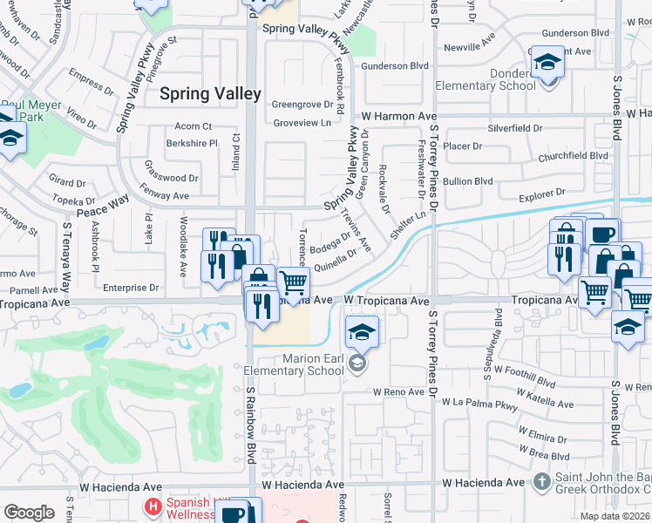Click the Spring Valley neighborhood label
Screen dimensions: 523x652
coord(210,93)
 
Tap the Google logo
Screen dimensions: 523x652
coord(29,512)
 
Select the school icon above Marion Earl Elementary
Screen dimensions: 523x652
coord(363,331)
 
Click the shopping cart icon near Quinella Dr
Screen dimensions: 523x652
coord(294,282)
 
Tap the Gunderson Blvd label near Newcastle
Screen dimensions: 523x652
coord(396,65)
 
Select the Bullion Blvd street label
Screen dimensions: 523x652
coord(468,181)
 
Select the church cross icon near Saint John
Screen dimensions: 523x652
coord(540,481)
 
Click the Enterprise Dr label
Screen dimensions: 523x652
coord(130,287)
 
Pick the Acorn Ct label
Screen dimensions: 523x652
coord(194,126)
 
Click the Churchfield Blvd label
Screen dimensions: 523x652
coord(573,156)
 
